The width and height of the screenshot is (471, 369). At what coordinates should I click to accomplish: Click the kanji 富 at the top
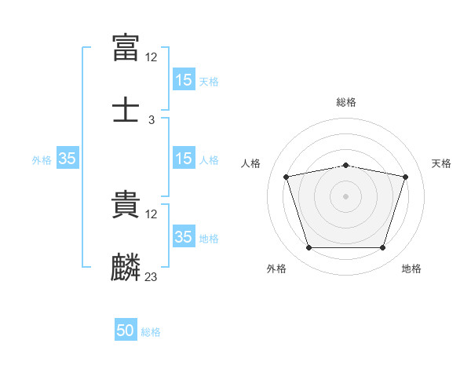point(126,48)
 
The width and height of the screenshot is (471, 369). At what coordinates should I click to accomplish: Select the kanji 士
point(126,110)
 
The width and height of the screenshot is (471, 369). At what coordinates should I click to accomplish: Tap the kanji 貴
point(126,204)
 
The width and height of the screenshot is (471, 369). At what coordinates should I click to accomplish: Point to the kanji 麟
point(126,267)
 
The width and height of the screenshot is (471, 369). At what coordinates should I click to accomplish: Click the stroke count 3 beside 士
point(152,120)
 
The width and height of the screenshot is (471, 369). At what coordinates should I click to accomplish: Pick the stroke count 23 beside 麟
point(151,276)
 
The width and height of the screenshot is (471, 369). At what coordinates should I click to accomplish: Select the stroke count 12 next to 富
point(151,57)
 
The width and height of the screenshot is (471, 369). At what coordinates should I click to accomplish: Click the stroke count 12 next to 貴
point(151,214)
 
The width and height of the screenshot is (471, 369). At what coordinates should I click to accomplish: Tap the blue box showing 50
point(126,329)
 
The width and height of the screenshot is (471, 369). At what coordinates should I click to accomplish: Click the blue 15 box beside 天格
point(184,79)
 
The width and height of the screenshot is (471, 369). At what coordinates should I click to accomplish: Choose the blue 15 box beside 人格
point(184,158)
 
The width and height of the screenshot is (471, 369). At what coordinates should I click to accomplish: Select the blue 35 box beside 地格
point(184,236)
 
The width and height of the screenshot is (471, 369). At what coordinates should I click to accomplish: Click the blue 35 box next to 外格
point(68,158)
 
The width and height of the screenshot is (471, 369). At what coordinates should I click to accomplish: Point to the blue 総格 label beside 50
point(151,332)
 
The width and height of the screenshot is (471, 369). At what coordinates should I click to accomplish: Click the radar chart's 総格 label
point(346,102)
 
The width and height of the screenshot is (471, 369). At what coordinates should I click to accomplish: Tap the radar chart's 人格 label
point(250,163)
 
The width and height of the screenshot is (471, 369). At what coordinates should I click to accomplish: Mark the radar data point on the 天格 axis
point(406,177)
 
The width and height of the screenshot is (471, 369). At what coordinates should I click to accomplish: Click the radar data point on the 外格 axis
point(309,247)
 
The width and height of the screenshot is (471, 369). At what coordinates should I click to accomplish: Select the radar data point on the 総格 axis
point(346,166)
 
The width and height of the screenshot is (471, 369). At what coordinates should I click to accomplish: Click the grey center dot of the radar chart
point(345,196)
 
